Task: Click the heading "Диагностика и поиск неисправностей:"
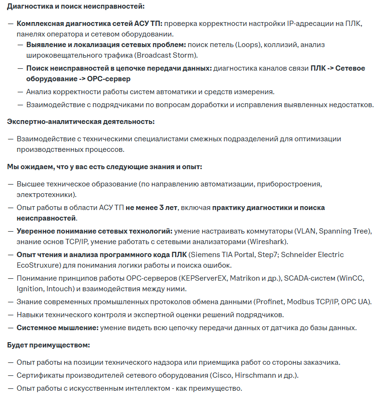(76, 7)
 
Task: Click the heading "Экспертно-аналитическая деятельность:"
(80, 122)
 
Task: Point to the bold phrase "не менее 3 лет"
(152, 208)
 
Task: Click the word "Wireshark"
(267, 241)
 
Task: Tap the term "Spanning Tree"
(344, 231)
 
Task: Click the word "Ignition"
(30, 289)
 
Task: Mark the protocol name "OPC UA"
(353, 301)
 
